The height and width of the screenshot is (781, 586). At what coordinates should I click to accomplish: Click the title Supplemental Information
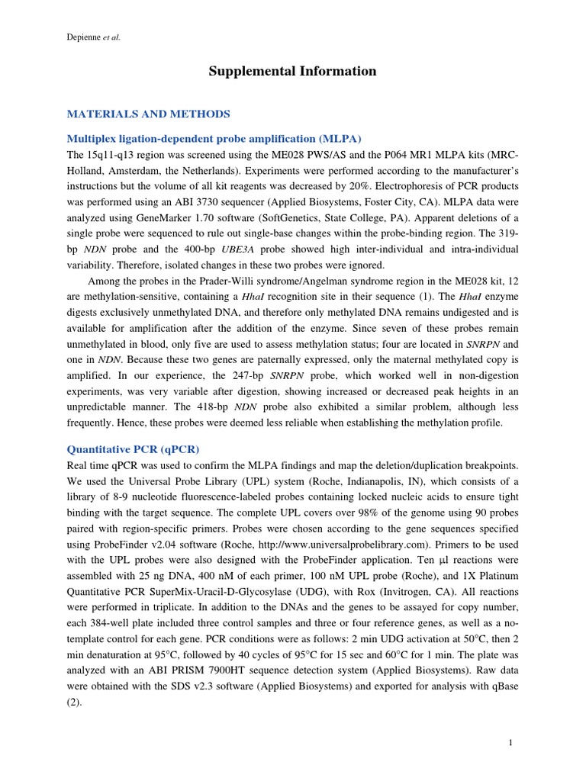pyautogui.click(x=293, y=71)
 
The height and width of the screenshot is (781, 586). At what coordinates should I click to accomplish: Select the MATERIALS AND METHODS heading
pyautogui.click(x=148, y=114)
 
